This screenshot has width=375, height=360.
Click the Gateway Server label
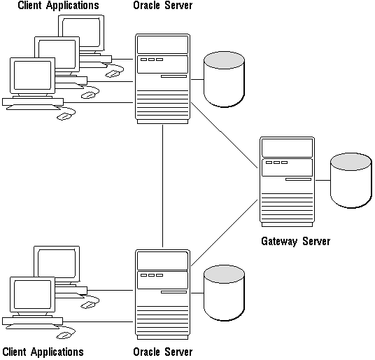tap(296, 241)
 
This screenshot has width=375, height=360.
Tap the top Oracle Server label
tap(162, 6)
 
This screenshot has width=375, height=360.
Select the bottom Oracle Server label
tap(162, 352)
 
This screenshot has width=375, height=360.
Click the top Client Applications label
tap(58, 6)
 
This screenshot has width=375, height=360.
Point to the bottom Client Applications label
tap(43, 352)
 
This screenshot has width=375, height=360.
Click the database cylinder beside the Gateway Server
tap(351, 181)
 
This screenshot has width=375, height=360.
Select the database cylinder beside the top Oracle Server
tap(224, 79)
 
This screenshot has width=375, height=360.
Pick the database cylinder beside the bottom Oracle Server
tap(224, 293)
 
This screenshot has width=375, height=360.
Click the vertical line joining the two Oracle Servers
tap(162, 186)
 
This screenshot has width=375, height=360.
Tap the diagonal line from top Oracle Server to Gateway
tap(225, 135)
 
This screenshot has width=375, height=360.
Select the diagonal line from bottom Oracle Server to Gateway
tap(225, 233)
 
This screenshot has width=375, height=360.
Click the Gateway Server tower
tap(287, 181)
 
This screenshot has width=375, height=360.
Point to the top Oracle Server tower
tap(162, 78)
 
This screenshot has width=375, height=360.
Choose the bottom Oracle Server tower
tap(162, 294)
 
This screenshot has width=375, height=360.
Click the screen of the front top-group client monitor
tap(32, 75)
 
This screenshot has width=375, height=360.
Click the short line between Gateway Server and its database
tap(323, 180)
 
